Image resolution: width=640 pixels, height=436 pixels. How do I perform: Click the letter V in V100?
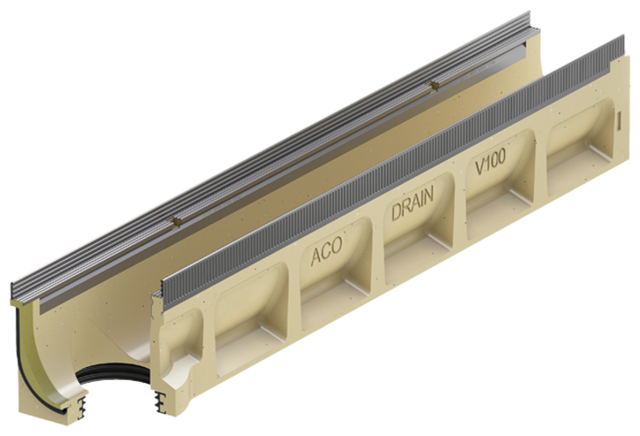pyautogui.click(x=479, y=172)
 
